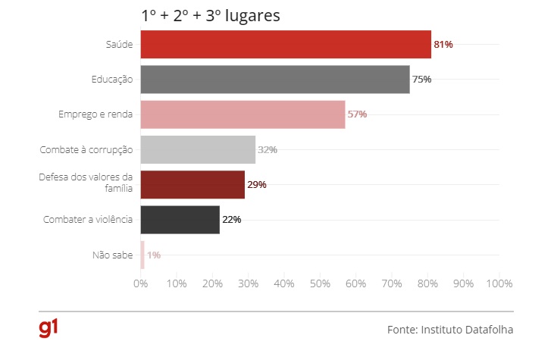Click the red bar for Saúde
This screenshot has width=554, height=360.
tap(285, 44)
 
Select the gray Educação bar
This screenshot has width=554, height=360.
tap(274, 80)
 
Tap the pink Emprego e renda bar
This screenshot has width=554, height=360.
tap(243, 114)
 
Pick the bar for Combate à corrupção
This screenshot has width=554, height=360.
tap(197, 149)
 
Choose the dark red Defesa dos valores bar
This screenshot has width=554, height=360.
tap(192, 185)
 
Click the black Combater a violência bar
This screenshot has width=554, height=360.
tap(180, 220)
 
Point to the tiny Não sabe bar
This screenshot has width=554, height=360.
tap(142, 255)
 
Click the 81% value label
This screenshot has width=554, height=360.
tap(443, 45)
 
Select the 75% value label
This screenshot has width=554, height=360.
tap(421, 80)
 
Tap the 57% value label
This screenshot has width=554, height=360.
tap(357, 114)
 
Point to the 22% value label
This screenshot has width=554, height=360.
tap(231, 220)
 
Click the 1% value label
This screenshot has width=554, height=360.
tap(154, 255)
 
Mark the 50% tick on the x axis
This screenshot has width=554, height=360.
tap(320, 283)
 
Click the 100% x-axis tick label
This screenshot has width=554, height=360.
tap(499, 283)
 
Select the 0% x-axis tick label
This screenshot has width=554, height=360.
tap(140, 283)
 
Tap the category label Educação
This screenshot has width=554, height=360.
tap(111, 80)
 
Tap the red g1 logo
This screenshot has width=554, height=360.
tap(49, 328)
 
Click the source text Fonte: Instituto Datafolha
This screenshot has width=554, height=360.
tap(450, 330)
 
